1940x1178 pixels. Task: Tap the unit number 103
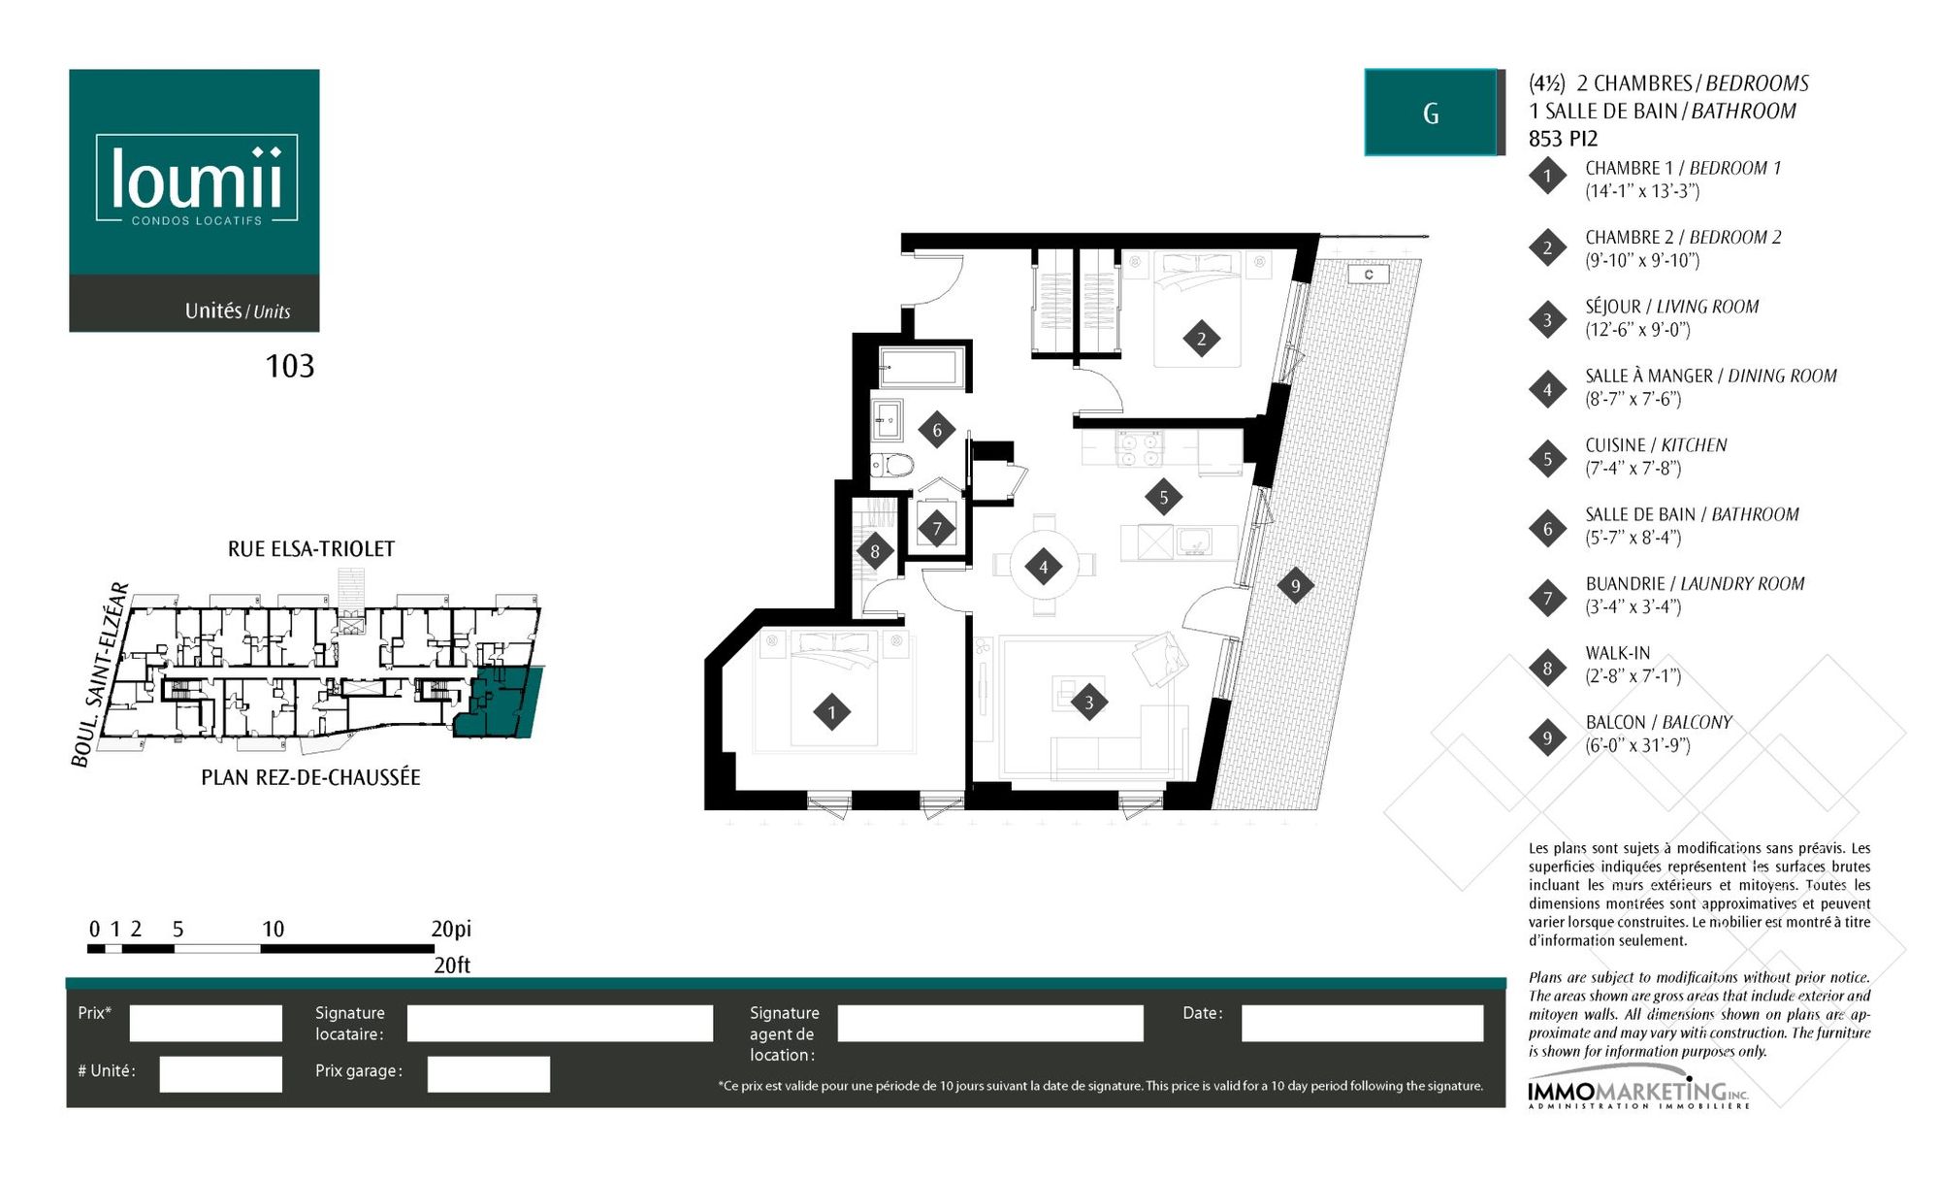290,366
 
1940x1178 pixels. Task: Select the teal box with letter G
1431,113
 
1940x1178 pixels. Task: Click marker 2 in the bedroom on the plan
1201,339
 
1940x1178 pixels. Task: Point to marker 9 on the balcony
1295,585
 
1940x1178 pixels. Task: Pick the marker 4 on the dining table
1044,568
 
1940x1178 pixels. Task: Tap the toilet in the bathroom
892,466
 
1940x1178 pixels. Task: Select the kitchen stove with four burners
1139,449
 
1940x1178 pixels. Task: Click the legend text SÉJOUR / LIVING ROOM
1672,307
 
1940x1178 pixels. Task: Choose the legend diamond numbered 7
1547,598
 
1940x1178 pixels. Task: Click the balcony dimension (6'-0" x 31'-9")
1638,745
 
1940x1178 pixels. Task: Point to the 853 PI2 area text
1563,139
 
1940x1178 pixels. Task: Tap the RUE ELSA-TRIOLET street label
311,549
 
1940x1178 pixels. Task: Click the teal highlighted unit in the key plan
497,704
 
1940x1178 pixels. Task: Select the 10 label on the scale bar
273,929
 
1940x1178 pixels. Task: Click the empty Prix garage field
488,1074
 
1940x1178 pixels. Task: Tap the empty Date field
1362,1023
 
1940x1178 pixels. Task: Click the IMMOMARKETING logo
1639,1093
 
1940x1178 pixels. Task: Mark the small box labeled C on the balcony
1368,275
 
